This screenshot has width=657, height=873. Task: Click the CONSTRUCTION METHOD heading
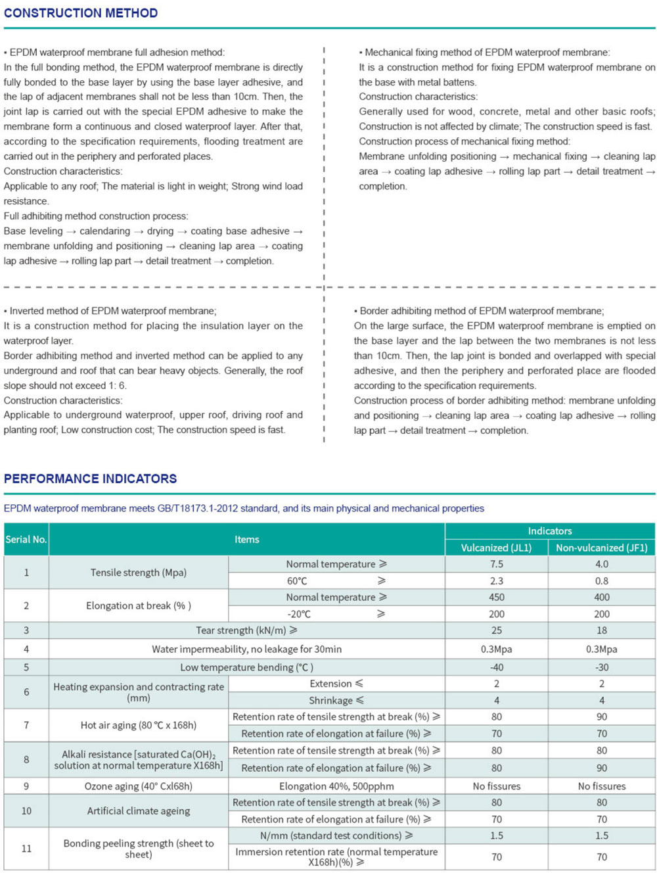pos(81,13)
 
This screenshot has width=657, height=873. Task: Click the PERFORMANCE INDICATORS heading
pos(90,479)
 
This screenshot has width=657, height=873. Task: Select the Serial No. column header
pos(26,539)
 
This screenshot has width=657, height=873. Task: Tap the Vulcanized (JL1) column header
pos(496,548)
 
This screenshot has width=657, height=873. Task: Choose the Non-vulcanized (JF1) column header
pos(601,548)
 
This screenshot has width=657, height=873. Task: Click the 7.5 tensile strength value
pos(496,564)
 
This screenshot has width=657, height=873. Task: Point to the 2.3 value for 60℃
pos(496,580)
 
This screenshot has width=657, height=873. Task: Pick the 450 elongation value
pos(496,597)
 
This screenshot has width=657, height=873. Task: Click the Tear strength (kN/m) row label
pos(246,630)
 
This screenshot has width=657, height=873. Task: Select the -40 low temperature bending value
pos(496,667)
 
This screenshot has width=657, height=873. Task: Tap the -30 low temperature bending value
pos(601,667)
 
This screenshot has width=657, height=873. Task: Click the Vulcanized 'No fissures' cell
pos(496,786)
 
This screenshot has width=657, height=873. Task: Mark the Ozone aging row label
pos(138,786)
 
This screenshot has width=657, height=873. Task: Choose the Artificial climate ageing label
pos(138,811)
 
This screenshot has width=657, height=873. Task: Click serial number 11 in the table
pos(26,848)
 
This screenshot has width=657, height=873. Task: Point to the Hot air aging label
pos(138,725)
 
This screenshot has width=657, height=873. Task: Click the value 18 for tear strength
pos(601,630)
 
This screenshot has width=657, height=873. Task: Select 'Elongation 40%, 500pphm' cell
pos(336,786)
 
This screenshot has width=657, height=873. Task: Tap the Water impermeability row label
pos(246,649)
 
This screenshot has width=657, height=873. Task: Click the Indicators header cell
pos(549,531)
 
